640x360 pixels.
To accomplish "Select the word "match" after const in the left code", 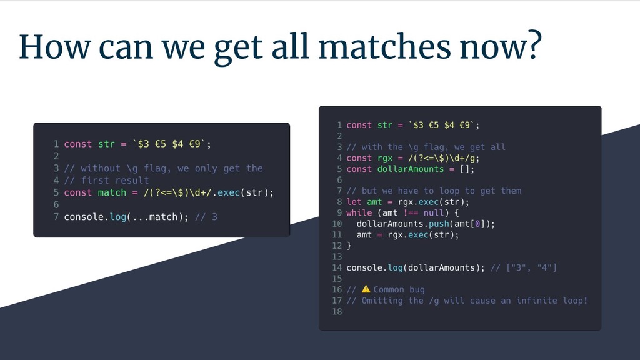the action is pos(112,192).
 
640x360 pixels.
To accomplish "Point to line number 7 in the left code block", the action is pos(56,217).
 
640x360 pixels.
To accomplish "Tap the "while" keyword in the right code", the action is pos(359,212).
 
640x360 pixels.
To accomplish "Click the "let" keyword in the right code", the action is pos(354,202).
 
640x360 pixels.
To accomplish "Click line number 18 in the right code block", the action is pos(336,312).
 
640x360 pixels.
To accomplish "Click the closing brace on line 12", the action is pos(349,246).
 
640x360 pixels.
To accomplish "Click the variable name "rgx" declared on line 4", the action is pos(385,158).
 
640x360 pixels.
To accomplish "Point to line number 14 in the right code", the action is pos(336,267).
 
